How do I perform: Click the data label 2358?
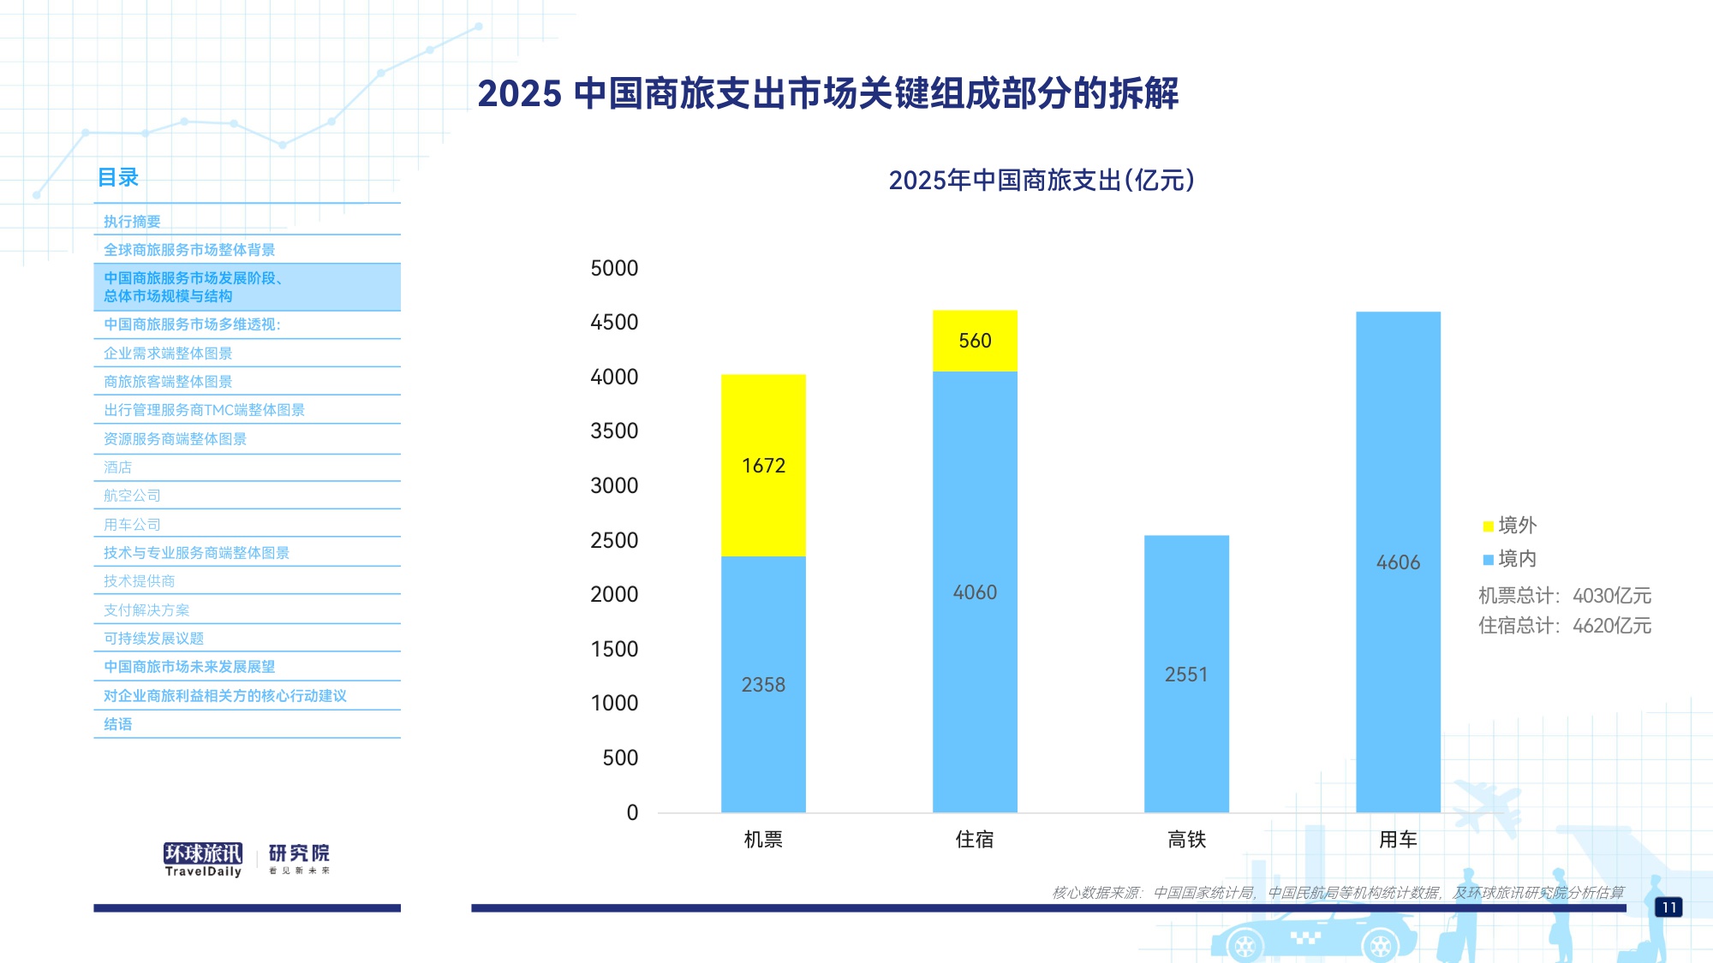point(763,685)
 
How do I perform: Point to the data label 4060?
point(975,592)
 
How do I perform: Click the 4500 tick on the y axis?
point(614,323)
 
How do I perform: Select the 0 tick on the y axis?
point(632,812)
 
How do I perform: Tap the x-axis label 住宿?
point(975,840)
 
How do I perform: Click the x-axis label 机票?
point(763,840)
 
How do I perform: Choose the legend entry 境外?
point(1510,525)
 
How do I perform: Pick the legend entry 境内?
point(1510,559)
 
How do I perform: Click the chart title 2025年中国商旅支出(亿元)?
point(1041,181)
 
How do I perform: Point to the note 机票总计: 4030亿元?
point(1564,596)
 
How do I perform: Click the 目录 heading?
point(118,177)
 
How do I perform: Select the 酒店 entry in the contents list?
point(118,467)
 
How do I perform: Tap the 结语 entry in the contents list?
point(118,724)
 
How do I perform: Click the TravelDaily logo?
point(203,859)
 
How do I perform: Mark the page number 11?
point(1668,907)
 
